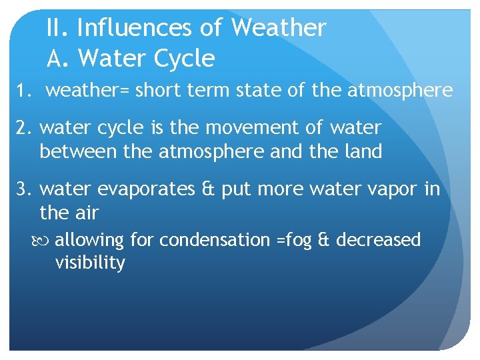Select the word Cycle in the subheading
click(x=185, y=59)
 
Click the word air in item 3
click(x=87, y=213)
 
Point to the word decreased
click(x=378, y=239)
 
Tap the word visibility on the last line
click(x=90, y=263)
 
